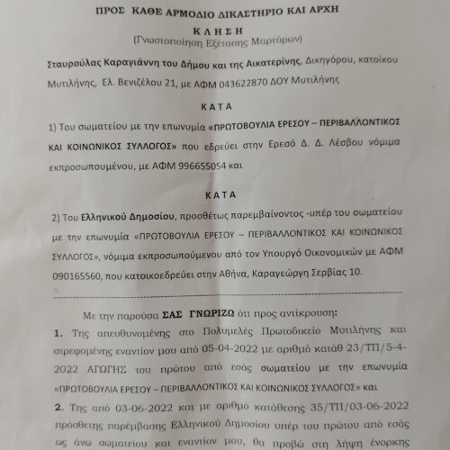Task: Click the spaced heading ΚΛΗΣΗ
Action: [x=226, y=26]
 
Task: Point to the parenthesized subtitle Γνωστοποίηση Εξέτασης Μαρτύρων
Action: [x=226, y=41]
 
